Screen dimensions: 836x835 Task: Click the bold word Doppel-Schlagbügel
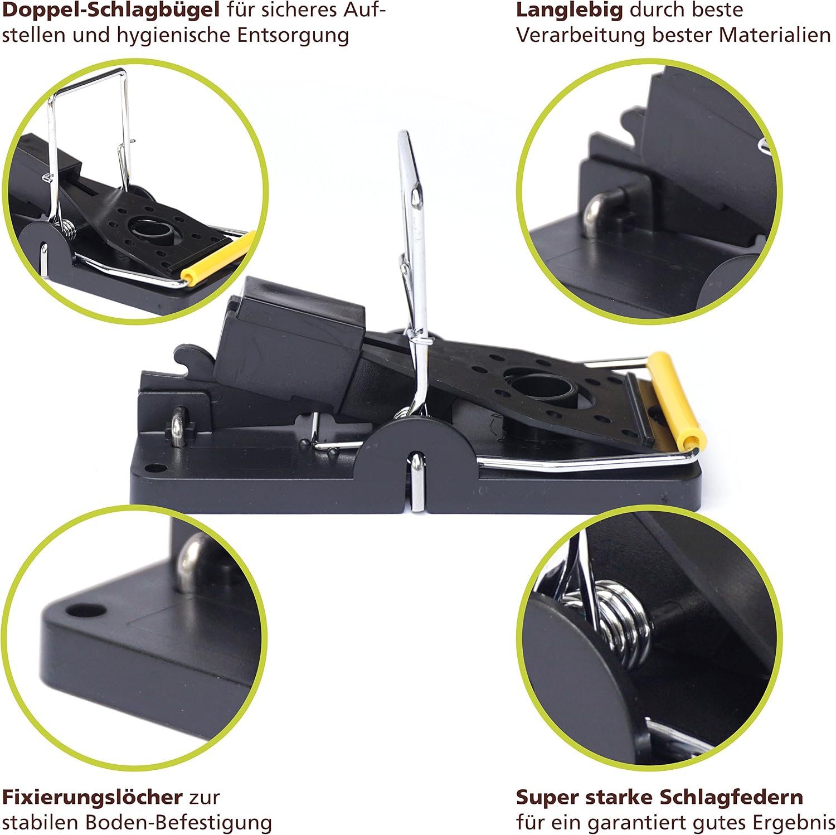point(111,11)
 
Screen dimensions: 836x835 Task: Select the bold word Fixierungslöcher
point(92,797)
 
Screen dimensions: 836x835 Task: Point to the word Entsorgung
point(293,36)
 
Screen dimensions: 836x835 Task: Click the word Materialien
point(775,35)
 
